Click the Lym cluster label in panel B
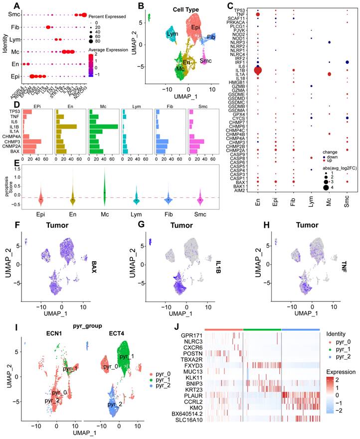point(173,34)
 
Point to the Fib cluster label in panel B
point(211,37)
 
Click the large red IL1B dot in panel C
point(258,71)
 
